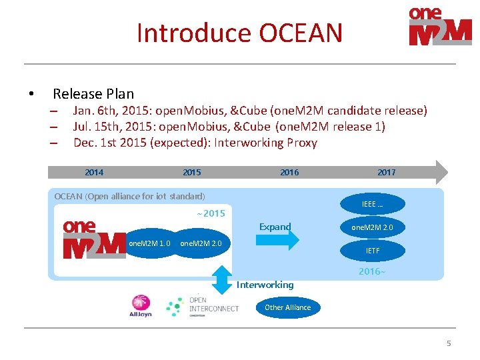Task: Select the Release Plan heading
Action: pos(93,94)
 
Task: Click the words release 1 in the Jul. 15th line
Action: pos(360,127)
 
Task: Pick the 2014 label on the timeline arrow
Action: pos(94,172)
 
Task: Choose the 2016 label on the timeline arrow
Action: pos(289,172)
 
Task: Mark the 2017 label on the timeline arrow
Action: pos(386,172)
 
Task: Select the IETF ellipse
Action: pos(373,251)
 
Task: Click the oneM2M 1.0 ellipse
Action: pos(149,243)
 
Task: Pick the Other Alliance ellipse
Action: pos(287,307)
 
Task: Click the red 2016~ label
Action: pos(371,271)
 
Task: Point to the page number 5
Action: pos(449,343)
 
